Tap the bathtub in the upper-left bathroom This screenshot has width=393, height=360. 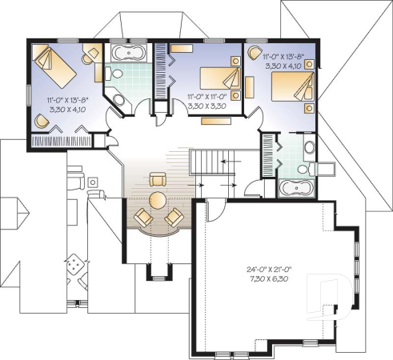point(126,55)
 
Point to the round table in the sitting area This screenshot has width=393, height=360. point(158,198)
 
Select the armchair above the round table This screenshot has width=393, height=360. point(158,178)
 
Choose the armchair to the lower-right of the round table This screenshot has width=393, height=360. point(172,216)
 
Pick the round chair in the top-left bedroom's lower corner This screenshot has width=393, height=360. point(42,121)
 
